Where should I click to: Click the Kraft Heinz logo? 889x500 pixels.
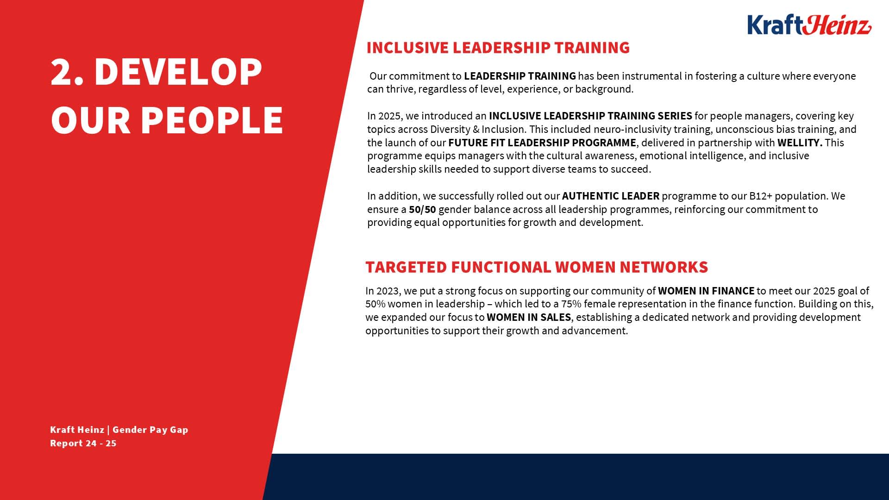pyautogui.click(x=809, y=25)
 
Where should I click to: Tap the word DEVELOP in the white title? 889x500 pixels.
pyautogui.click(x=178, y=72)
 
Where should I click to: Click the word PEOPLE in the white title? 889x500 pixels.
pyautogui.click(x=212, y=120)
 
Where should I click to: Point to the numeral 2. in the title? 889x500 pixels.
pyautogui.click(x=67, y=72)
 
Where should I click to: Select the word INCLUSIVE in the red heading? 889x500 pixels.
pyautogui.click(x=407, y=48)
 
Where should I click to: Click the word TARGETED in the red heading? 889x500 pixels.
pyautogui.click(x=406, y=267)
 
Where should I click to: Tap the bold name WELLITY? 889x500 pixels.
pyautogui.click(x=800, y=143)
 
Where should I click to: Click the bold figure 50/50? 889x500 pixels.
pyautogui.click(x=422, y=210)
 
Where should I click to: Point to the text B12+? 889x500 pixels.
pyautogui.click(x=760, y=196)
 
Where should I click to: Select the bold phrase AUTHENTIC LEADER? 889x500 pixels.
pyautogui.click(x=610, y=196)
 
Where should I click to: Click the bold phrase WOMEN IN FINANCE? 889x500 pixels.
pyautogui.click(x=706, y=291)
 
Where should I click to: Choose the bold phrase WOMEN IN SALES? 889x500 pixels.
pyautogui.click(x=528, y=318)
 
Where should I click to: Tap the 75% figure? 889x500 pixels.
pyautogui.click(x=571, y=304)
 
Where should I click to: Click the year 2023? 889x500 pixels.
pyautogui.click(x=387, y=291)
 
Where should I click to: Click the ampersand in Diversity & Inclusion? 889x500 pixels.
pyautogui.click(x=476, y=129)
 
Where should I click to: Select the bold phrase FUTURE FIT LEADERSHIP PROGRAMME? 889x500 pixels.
pyautogui.click(x=542, y=143)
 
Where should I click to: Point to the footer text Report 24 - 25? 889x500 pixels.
pyautogui.click(x=83, y=444)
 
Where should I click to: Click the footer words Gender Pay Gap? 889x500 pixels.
pyautogui.click(x=150, y=430)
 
